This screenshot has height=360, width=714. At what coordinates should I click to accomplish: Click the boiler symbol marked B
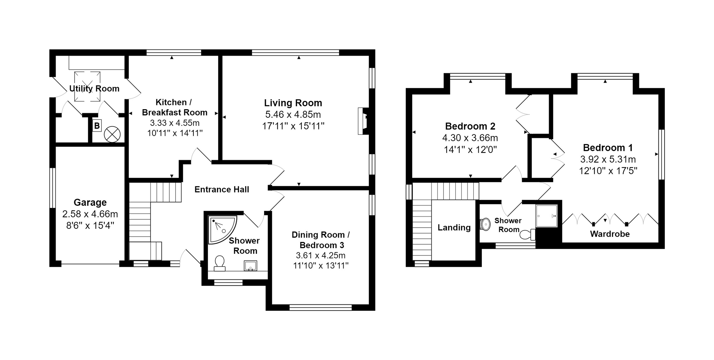97,126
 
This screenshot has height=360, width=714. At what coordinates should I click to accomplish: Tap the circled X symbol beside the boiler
112,134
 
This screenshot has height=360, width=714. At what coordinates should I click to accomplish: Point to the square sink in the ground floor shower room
250,265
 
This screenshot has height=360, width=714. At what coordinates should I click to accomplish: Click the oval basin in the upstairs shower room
486,224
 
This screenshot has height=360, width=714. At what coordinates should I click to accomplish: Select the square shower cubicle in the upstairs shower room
547,216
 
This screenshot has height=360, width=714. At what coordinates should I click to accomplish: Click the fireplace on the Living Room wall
363,121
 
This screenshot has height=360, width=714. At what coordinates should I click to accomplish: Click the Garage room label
90,202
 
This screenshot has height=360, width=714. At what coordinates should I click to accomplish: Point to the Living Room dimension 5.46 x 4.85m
293,115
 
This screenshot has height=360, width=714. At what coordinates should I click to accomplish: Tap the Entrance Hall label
222,190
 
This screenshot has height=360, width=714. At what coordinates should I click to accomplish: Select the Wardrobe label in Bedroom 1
610,234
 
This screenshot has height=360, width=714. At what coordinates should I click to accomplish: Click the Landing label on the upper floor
454,228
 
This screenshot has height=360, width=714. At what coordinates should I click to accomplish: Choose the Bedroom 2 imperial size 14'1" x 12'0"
470,149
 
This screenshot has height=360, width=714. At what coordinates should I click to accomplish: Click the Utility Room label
94,88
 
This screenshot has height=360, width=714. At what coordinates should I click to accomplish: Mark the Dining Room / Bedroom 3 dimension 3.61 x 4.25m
321,255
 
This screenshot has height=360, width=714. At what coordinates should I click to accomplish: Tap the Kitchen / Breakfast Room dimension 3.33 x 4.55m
175,123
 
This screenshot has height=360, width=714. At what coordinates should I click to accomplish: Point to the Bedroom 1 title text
608,148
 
